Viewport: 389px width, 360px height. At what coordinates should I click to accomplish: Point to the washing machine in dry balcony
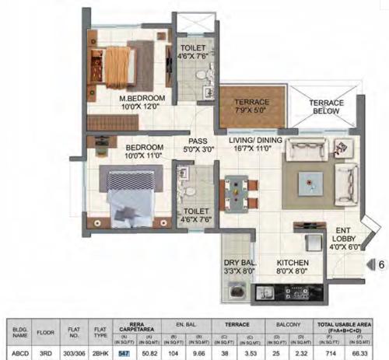(x=235, y=293)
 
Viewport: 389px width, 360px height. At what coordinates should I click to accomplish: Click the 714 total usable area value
(x=331, y=353)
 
